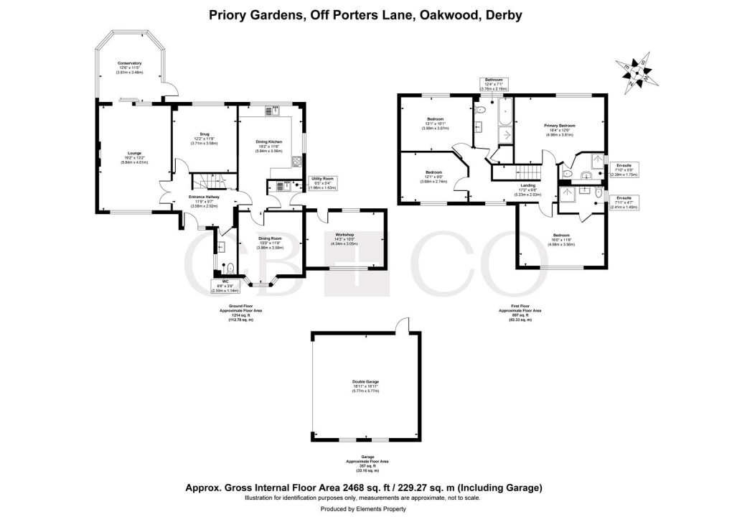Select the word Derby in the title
click(x=502, y=14)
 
